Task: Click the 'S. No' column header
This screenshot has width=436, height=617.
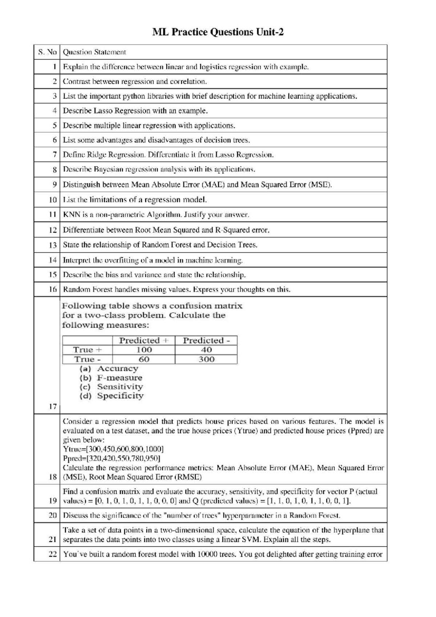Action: [47, 52]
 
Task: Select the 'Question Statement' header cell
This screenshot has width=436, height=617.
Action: [94, 52]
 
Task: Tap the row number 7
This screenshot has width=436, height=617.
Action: [54, 155]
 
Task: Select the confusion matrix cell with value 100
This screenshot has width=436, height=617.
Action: [144, 350]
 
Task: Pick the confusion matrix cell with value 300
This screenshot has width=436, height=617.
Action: [206, 359]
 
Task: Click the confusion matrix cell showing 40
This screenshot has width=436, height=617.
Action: [206, 350]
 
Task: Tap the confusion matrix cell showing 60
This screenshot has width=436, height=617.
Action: [144, 359]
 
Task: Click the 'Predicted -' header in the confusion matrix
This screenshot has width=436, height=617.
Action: [206, 340]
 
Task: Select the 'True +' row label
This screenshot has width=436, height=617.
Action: [88, 350]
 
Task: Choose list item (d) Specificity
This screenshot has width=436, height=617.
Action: [112, 396]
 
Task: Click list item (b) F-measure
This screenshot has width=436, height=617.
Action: [111, 378]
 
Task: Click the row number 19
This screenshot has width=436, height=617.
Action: [53, 501]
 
